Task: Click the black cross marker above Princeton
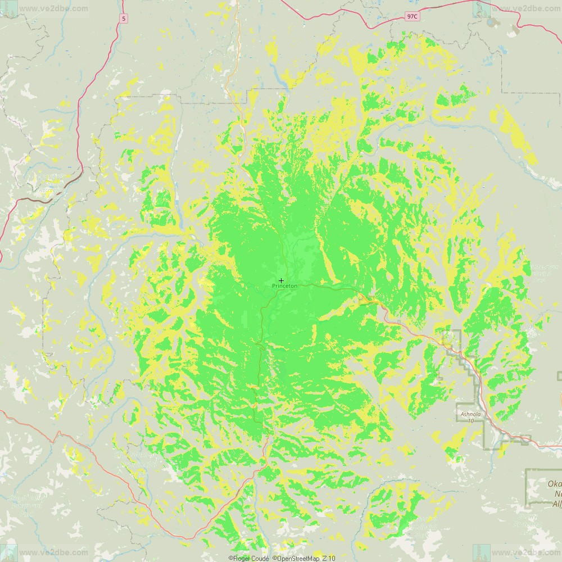tap(281, 280)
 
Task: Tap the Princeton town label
tap(284, 286)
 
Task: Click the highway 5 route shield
tap(123, 19)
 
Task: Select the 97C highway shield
tap(412, 17)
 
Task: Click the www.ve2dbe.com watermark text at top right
tap(525, 8)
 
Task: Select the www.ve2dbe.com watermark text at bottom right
tap(525, 553)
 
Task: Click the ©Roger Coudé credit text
tap(249, 558)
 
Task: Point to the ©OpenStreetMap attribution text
tap(296, 558)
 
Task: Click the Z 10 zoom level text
tap(329, 558)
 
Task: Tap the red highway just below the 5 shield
tap(120, 34)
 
